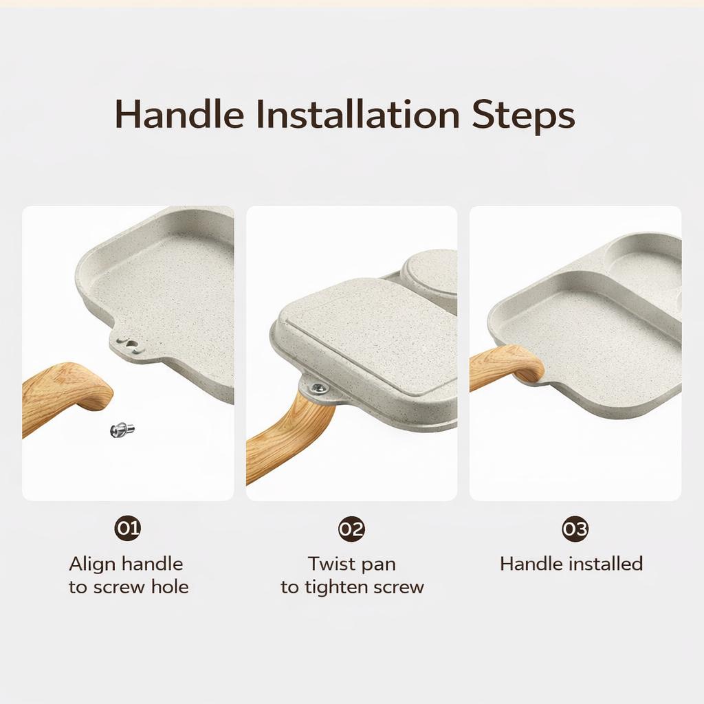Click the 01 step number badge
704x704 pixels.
pos(128,528)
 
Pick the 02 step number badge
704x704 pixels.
pos(351,529)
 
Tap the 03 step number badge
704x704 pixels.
pos(575,529)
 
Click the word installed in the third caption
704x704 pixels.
pos(606,564)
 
